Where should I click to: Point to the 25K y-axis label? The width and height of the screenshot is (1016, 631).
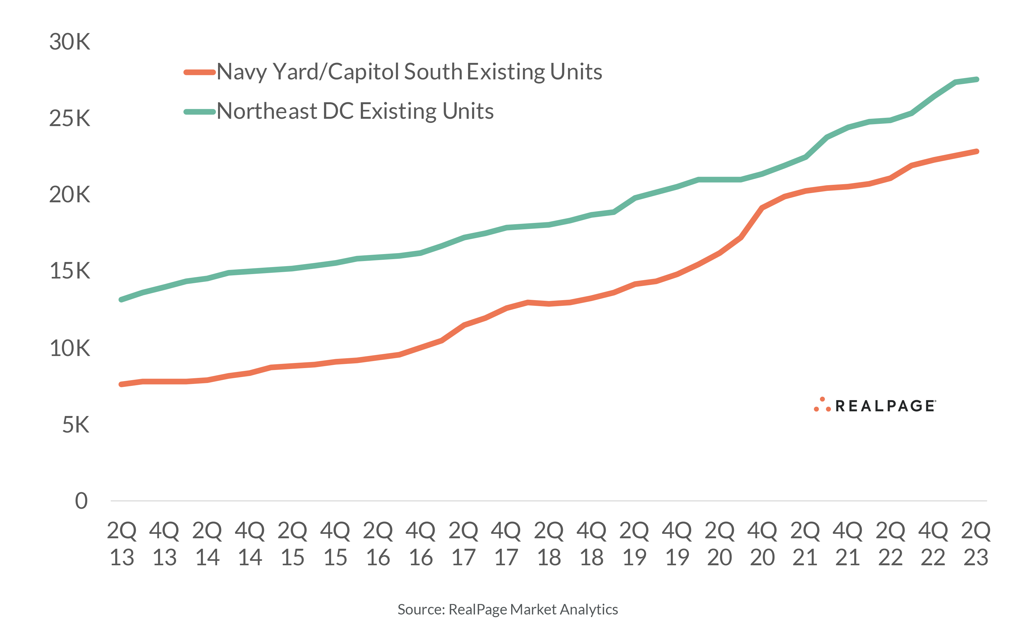69,118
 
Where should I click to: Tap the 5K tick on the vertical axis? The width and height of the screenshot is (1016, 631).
76,425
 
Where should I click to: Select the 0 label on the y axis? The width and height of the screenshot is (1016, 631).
81,501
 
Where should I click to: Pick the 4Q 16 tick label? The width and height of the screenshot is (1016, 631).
421,544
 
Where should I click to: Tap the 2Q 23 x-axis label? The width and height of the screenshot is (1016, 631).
976,544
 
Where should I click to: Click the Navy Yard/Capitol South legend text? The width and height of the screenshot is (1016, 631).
409,72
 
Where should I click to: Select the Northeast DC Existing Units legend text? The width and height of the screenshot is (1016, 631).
355,111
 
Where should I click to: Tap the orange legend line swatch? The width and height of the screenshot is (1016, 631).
199,72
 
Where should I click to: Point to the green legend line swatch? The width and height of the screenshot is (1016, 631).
199,112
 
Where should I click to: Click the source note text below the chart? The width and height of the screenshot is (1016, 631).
507,609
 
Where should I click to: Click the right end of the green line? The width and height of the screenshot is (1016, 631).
977,79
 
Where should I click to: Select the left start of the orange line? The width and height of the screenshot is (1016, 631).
121,384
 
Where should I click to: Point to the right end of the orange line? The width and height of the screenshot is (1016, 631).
977,151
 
